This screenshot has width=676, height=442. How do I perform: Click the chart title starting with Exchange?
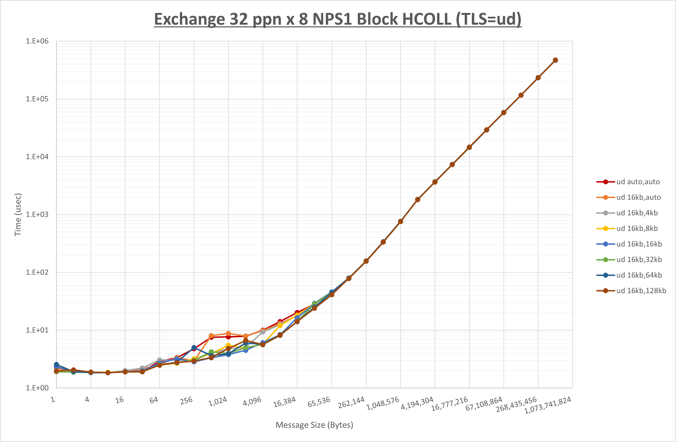click(x=338, y=19)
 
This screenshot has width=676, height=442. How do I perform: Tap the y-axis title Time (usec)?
click(x=18, y=215)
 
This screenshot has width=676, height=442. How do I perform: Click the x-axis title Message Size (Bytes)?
click(x=314, y=425)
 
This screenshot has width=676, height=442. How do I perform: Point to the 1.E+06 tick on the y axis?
click(x=37, y=41)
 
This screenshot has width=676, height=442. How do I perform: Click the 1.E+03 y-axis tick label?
click(x=37, y=215)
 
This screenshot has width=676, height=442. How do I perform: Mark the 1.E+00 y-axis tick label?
click(x=37, y=388)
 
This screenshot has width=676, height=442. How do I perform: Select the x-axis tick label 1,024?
click(x=218, y=401)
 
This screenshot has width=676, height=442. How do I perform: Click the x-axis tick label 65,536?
click(x=319, y=402)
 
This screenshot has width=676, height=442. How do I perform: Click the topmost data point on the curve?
click(x=555, y=60)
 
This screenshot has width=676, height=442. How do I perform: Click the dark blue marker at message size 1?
click(x=56, y=364)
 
